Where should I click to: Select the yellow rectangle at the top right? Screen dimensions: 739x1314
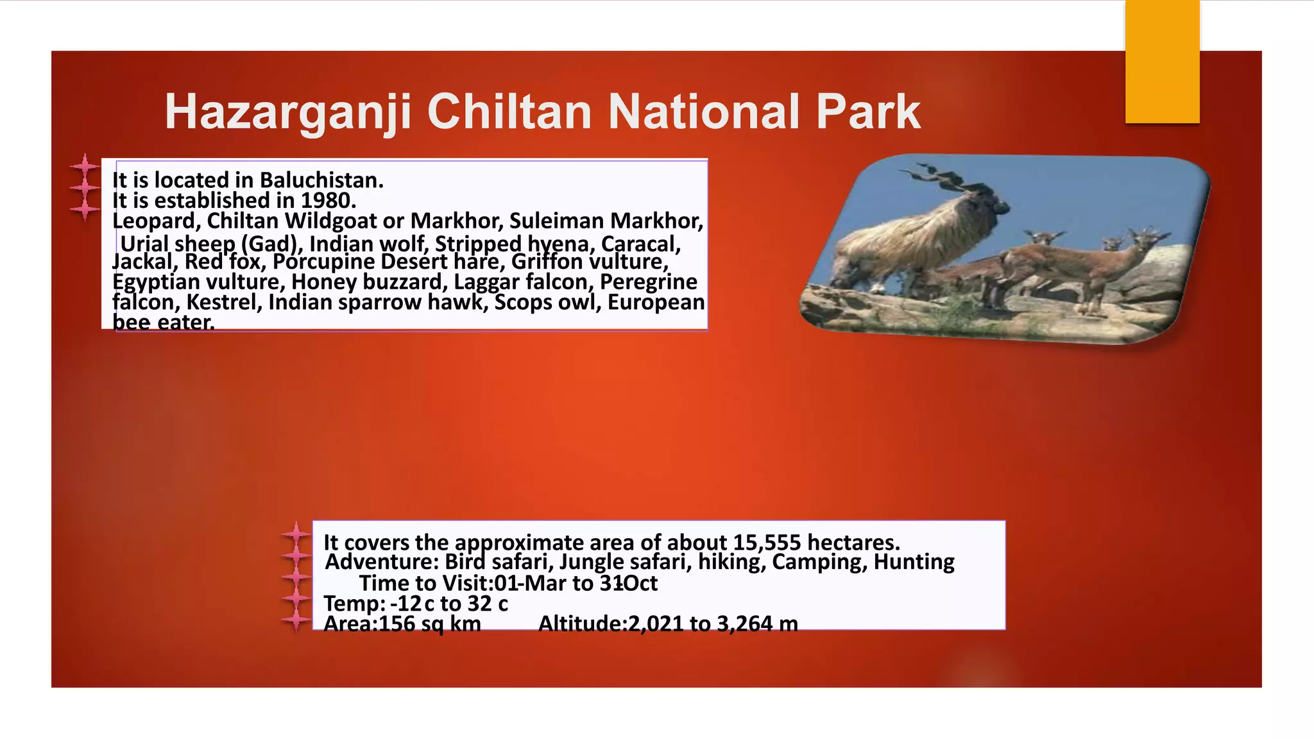(x=1162, y=62)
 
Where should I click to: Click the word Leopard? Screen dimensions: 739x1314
(x=156, y=221)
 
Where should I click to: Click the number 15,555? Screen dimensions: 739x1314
(x=767, y=543)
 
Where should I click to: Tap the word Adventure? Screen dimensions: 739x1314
(x=381, y=563)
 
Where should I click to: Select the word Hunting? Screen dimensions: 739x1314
(x=914, y=563)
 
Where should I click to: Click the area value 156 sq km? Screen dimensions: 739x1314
(x=429, y=624)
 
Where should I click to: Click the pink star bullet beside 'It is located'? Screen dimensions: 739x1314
(x=85, y=167)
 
